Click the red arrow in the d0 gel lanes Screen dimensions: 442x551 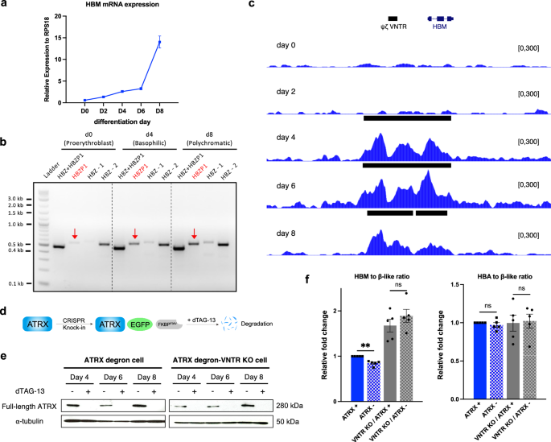[75, 233]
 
